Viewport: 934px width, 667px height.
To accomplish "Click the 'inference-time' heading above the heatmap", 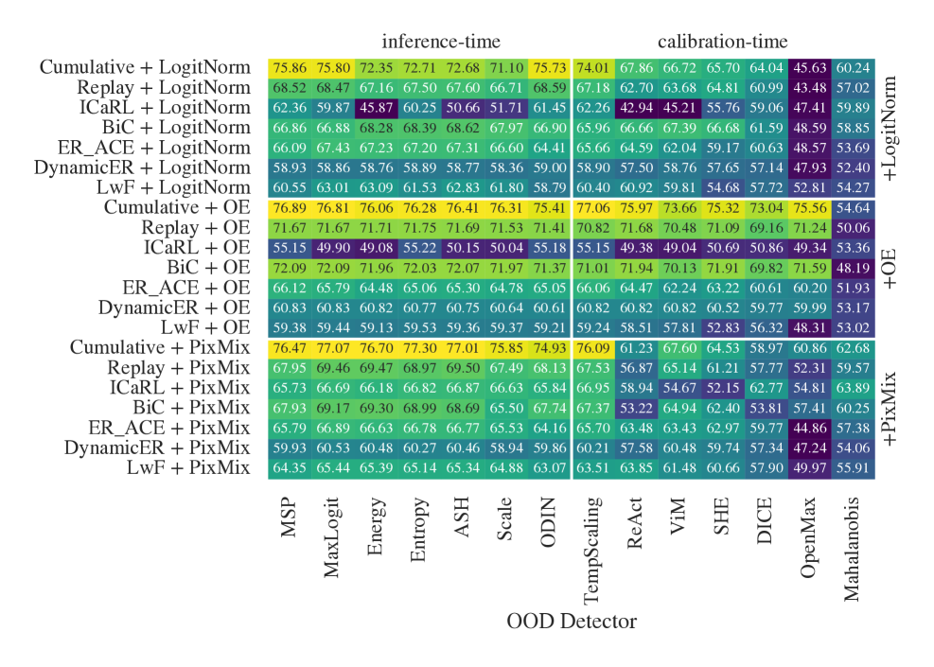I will [441, 42].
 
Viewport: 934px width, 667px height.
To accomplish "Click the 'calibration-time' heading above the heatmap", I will [723, 42].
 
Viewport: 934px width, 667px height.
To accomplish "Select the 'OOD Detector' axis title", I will [571, 622].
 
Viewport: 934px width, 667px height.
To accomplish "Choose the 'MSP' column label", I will [289, 519].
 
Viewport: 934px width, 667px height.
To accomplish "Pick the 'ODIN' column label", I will [549, 524].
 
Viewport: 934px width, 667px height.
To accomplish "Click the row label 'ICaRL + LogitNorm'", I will [166, 107].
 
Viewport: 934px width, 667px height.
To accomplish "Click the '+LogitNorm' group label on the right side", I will [891, 127].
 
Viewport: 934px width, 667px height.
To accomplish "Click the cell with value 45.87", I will [375, 108].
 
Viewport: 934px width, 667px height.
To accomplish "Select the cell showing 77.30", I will [418, 348].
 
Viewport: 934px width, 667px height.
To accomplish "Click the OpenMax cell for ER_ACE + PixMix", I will [810, 428].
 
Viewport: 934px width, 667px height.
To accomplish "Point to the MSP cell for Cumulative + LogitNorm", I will [289, 68].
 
